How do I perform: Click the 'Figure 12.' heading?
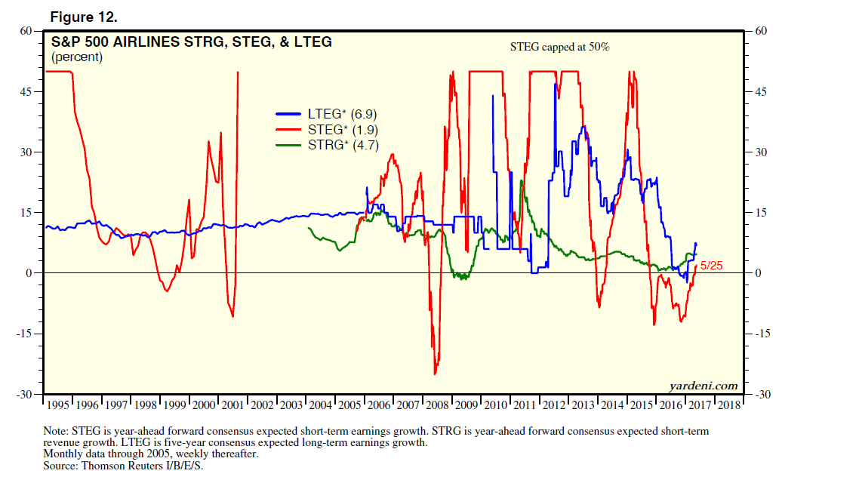[x=83, y=16]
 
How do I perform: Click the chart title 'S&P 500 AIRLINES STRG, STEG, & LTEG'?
[x=191, y=42]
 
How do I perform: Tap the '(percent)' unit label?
[x=77, y=57]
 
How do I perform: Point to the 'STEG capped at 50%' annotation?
[x=559, y=47]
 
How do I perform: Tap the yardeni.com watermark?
[x=703, y=386]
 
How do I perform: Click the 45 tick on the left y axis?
[x=26, y=92]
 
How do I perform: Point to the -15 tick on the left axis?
[x=24, y=334]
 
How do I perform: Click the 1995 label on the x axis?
[x=58, y=405]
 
